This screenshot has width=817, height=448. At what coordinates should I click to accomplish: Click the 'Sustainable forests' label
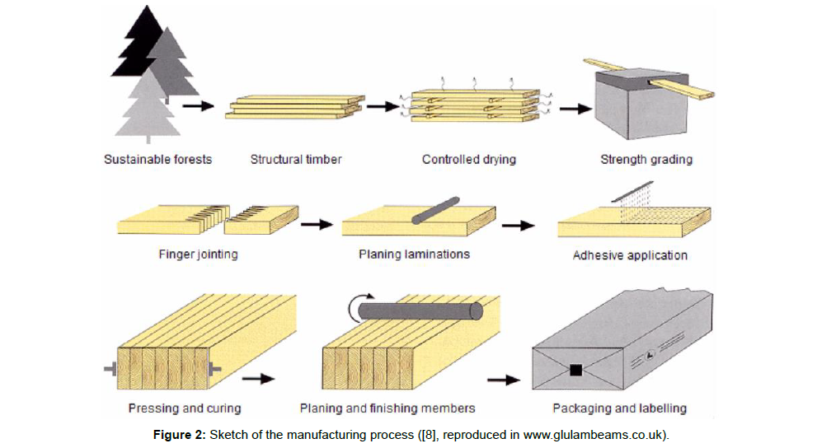[157, 159]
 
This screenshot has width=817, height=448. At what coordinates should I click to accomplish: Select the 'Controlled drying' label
[468, 159]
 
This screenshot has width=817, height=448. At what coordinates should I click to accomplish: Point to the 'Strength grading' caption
[646, 159]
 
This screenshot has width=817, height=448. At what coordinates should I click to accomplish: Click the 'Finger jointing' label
[198, 254]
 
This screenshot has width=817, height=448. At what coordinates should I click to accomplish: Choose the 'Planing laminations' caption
[414, 254]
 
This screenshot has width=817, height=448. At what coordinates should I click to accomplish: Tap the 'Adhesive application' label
[630, 255]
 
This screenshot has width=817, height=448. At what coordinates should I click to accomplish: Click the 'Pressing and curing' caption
[185, 408]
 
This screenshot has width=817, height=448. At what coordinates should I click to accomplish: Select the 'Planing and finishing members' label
[387, 408]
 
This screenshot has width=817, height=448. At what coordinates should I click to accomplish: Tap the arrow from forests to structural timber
[198, 105]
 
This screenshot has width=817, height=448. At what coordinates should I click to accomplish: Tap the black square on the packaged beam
[576, 370]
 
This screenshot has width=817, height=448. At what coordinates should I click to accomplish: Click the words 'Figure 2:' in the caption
[181, 434]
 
